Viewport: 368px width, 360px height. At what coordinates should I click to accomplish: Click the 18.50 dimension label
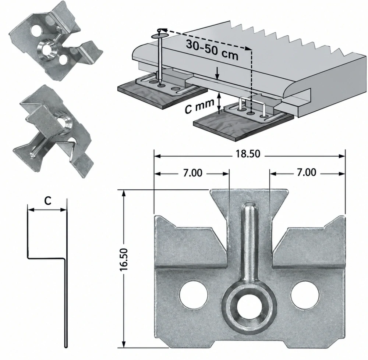coord(248,154)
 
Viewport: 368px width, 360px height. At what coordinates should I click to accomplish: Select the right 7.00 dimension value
coord(307,172)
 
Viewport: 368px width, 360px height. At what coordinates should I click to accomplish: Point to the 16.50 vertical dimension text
coord(124,260)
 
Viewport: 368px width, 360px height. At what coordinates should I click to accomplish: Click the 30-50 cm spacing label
coord(212,50)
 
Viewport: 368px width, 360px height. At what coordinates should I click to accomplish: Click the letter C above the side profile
coord(47,201)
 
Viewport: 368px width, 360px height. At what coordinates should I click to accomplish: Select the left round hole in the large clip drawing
coord(194,294)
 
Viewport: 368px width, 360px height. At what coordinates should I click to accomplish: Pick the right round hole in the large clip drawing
coord(305,294)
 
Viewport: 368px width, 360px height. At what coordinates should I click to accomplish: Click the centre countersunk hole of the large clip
coord(249,307)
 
